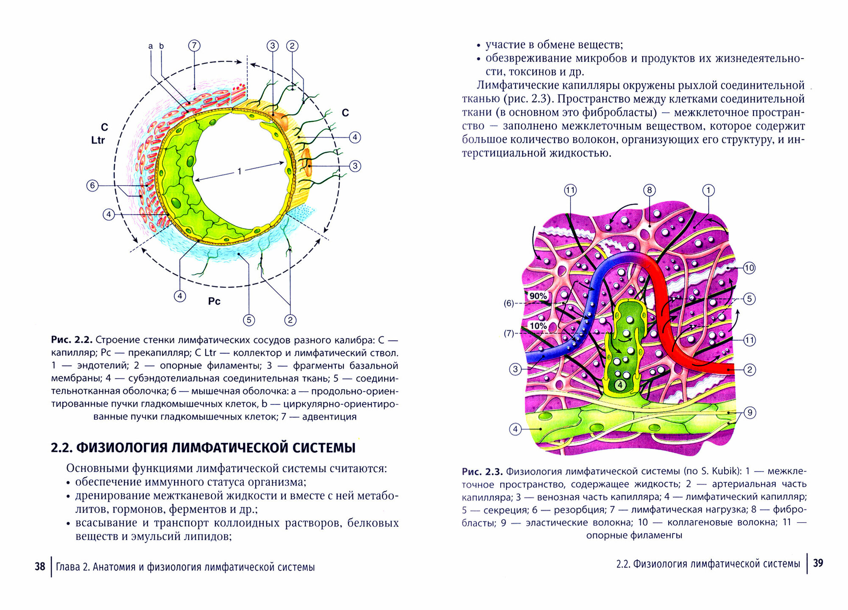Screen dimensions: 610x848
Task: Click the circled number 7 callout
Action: pos(194,45)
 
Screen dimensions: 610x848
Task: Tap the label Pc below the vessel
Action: pos(214,301)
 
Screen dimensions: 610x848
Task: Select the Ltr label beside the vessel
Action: pos(98,140)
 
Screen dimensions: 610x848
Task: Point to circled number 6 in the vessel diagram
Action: pos(92,185)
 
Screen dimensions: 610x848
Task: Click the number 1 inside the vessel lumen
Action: pos(240,171)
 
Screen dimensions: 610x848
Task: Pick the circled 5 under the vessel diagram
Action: pos(249,320)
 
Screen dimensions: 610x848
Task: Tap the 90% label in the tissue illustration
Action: pos(538,296)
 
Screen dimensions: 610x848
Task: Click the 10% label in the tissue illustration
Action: pos(538,326)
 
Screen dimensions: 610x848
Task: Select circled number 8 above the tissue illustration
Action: pos(649,190)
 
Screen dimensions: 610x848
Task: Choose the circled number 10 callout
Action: pos(749,268)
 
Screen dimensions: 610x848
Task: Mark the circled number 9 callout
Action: pos(750,412)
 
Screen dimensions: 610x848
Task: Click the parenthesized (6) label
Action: pos(509,304)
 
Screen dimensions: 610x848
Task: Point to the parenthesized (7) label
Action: pos(509,333)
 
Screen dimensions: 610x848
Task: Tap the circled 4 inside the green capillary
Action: pos(620,385)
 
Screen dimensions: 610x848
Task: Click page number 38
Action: pos(40,566)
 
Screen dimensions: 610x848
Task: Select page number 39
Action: pos(818,563)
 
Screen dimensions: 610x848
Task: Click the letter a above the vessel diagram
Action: pos(151,46)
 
